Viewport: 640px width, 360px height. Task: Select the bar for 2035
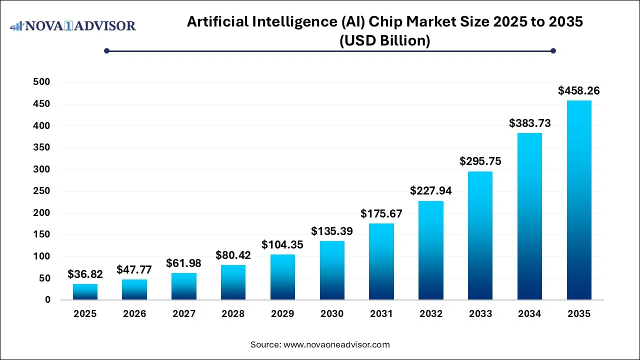click(x=579, y=200)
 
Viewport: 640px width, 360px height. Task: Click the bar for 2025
click(x=85, y=292)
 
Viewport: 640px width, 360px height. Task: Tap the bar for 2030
click(x=332, y=270)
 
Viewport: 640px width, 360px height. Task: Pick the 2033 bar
click(x=480, y=235)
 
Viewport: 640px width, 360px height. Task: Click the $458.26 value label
click(x=579, y=91)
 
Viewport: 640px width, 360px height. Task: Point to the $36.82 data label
click(x=85, y=274)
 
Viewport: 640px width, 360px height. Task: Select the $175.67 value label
click(x=381, y=214)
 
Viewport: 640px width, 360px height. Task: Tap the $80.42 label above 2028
click(x=233, y=255)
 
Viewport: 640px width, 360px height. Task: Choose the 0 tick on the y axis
click(x=47, y=300)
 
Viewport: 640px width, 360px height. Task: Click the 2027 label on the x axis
click(x=183, y=314)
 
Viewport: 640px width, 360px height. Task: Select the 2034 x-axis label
click(x=529, y=314)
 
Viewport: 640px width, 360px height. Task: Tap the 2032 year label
click(x=431, y=314)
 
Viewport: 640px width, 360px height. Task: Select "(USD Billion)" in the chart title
click(x=384, y=40)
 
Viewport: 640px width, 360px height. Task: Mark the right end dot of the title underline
click(x=553, y=50)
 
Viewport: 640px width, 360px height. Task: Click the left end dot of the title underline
click(x=106, y=50)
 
